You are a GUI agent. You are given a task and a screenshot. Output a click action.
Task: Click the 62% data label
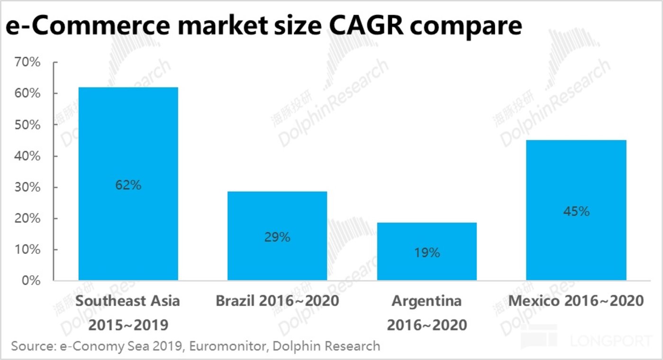(128, 185)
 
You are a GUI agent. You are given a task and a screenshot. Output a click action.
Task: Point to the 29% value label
(277, 237)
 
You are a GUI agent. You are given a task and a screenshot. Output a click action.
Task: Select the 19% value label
(427, 253)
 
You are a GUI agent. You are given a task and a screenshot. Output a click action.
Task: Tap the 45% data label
(576, 212)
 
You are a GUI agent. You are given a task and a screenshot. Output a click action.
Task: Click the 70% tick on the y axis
(27, 63)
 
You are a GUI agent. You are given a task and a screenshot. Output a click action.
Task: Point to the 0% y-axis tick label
(31, 281)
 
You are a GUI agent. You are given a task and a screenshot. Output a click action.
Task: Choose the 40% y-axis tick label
(27, 156)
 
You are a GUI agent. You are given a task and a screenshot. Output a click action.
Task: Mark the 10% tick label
(27, 250)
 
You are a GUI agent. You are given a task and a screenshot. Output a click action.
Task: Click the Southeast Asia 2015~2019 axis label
(128, 313)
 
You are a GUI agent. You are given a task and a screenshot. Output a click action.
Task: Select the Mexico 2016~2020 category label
(576, 301)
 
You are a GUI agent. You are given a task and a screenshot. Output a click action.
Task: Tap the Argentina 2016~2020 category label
(427, 313)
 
